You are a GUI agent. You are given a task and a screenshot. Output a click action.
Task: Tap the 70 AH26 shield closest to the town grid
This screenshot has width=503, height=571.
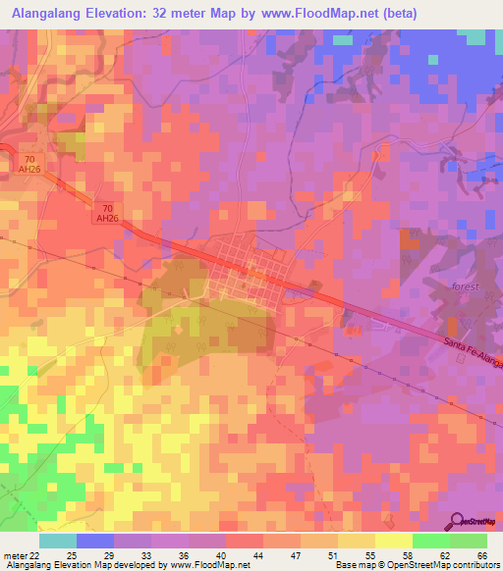pyautogui.click(x=107, y=212)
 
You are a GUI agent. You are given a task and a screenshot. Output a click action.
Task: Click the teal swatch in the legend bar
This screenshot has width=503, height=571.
pyautogui.click(x=58, y=541)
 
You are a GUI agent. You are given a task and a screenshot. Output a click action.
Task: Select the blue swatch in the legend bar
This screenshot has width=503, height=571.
pyautogui.click(x=95, y=541)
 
